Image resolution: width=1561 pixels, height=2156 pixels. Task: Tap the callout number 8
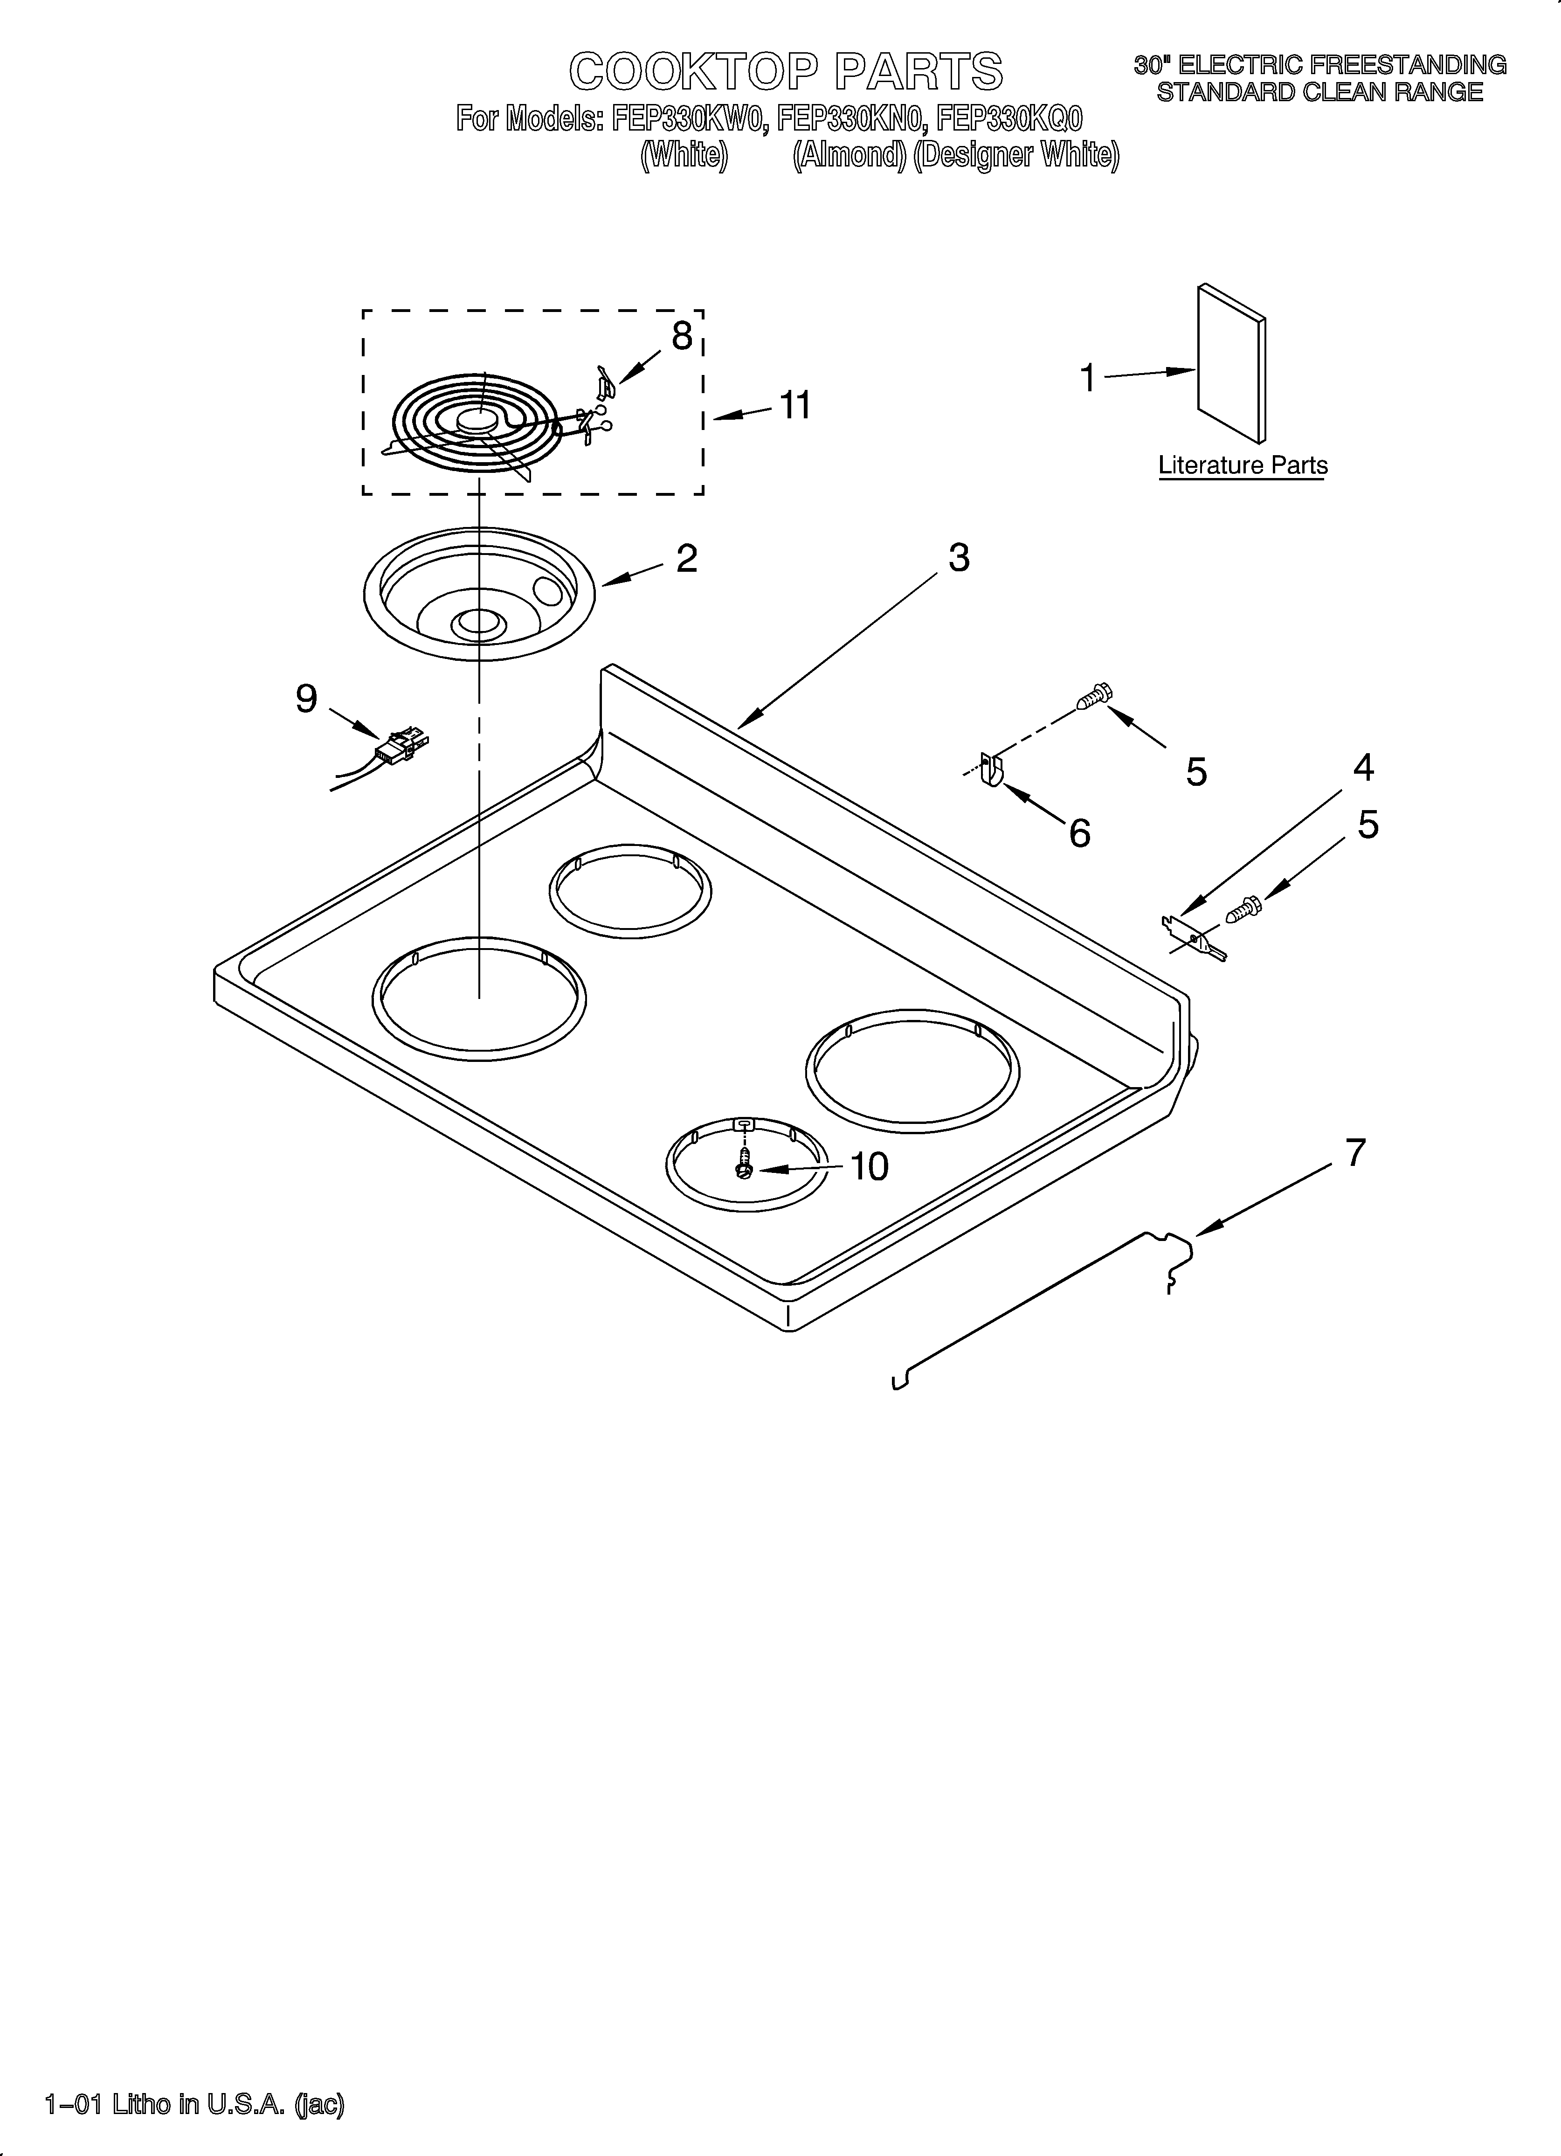682,337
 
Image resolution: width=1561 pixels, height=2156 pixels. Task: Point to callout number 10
869,1166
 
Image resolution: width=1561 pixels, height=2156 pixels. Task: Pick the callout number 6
1079,834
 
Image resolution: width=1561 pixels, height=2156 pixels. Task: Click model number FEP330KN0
851,119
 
